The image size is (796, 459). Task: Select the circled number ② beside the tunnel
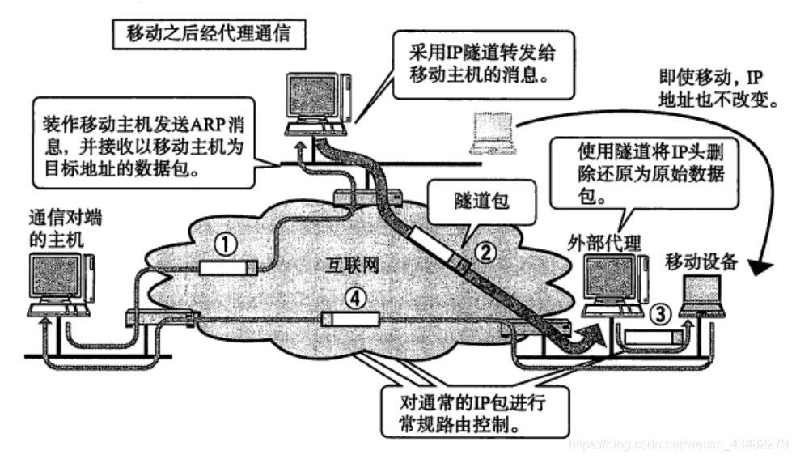(483, 253)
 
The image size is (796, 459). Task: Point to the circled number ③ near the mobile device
(661, 312)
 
